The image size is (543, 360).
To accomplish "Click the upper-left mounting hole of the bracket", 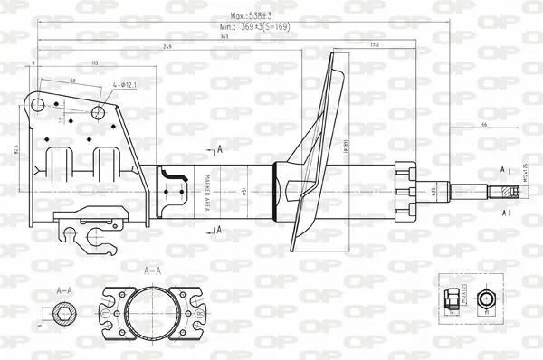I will pos(38,106).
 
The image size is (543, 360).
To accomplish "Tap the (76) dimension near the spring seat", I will pos(348,46).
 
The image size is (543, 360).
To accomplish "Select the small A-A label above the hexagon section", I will pos(63,290).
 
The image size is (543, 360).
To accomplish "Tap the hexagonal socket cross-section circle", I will pos(63,314).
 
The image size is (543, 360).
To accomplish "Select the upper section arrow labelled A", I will pos(216,147).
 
